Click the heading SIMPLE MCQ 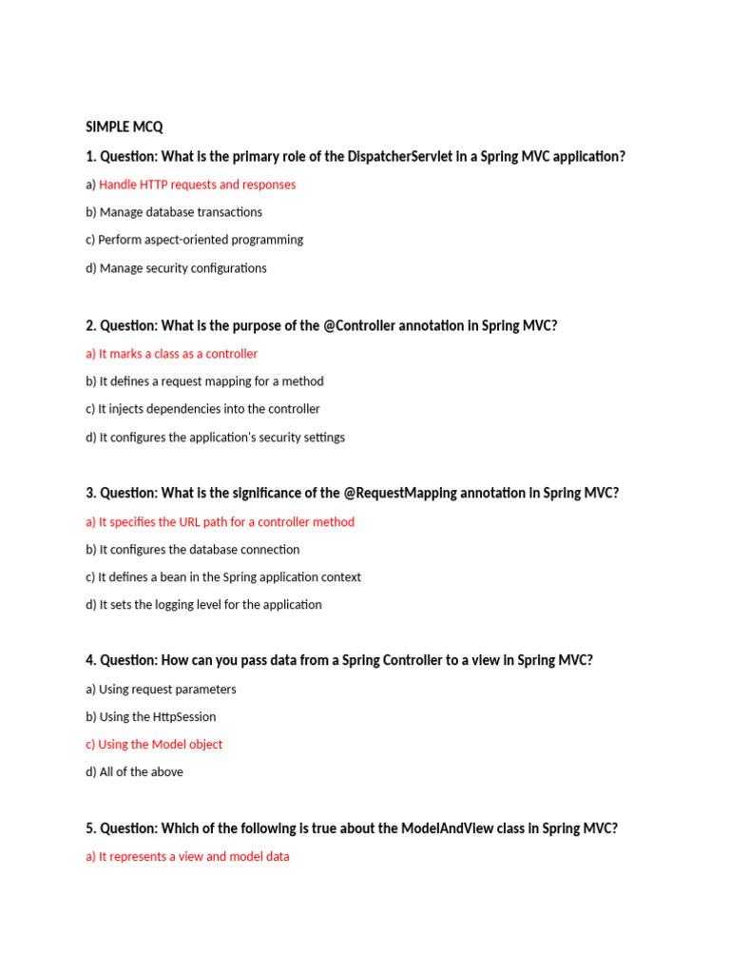pos(125,127)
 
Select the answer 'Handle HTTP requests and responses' pos(197,185)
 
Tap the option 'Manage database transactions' pos(181,212)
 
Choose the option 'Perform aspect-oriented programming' pos(201,240)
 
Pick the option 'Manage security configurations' pos(182,268)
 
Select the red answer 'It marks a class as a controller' pos(178,354)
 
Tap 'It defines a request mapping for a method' pos(211,381)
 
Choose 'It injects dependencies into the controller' pos(209,409)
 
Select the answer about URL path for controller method pos(226,522)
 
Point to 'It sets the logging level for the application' pos(210,605)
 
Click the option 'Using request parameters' pos(167,690)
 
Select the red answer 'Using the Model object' pos(160,745)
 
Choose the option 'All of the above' pos(141,772)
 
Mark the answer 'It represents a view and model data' pos(194,857)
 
